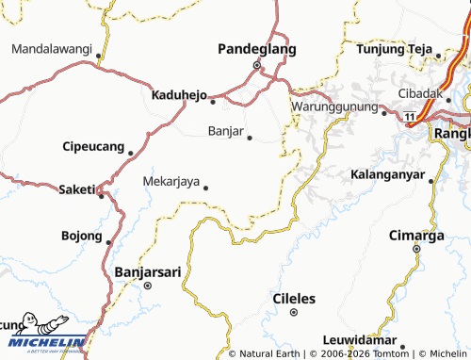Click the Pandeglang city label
(x=256, y=49)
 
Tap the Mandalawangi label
(x=52, y=49)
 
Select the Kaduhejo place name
(x=179, y=94)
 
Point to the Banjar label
(x=225, y=131)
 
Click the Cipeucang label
(x=92, y=147)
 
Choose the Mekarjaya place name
(x=171, y=181)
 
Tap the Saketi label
(x=77, y=189)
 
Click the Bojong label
(x=81, y=236)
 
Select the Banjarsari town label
(x=147, y=271)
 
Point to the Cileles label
(x=293, y=299)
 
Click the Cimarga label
(x=416, y=236)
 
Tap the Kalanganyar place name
(x=386, y=175)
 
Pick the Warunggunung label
(x=333, y=106)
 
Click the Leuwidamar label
(x=357, y=338)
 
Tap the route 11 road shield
(x=411, y=115)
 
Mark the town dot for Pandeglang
(x=256, y=65)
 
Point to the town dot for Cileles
(x=293, y=312)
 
